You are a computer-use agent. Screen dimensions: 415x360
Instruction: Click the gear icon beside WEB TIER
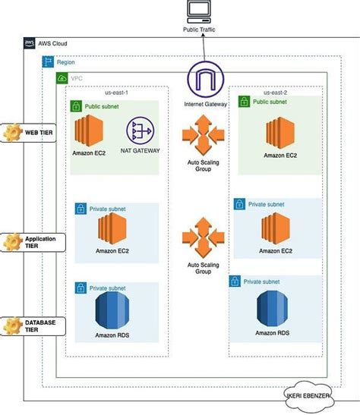(x=13, y=132)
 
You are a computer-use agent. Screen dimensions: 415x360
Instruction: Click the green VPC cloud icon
(x=62, y=78)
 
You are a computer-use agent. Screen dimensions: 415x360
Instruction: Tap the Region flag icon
(x=47, y=62)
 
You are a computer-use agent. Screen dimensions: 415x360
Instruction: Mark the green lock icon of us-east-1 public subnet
(x=75, y=107)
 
